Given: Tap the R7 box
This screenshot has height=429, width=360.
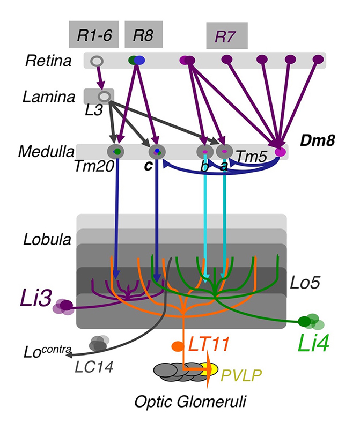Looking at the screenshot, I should click(x=226, y=36).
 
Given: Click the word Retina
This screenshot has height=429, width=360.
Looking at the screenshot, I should click(x=48, y=61).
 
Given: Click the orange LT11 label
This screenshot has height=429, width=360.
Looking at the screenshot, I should click(x=211, y=343).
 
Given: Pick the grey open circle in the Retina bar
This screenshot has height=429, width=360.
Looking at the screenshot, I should click(x=97, y=61).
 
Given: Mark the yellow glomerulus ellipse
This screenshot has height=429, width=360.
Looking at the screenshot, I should click(x=211, y=368).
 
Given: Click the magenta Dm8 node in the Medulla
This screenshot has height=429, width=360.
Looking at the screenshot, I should click(x=280, y=152).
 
